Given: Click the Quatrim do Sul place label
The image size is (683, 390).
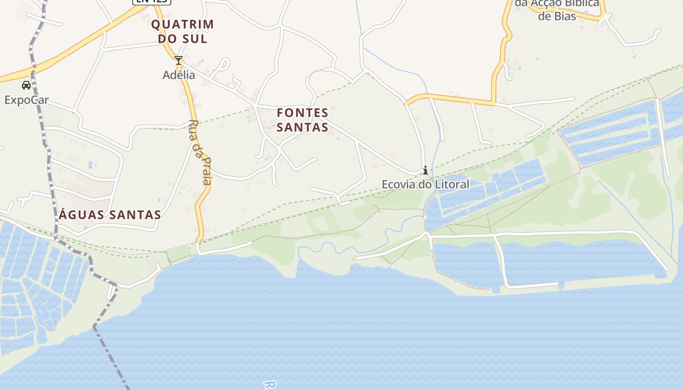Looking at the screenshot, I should (182, 31).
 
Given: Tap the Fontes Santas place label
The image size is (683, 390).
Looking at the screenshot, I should (302, 120).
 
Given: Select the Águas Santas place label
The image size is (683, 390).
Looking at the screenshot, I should (110, 214).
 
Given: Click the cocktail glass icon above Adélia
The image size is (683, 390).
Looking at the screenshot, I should (179, 61).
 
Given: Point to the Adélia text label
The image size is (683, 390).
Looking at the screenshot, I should (179, 75).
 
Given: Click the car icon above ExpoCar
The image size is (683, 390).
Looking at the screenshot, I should (26, 86).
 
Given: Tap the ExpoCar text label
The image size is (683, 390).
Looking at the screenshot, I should (26, 100).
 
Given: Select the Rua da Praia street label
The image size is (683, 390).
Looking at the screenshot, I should (200, 152).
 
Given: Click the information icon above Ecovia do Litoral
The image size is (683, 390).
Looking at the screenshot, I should (425, 171).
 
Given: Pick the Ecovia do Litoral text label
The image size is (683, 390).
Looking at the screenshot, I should (425, 184).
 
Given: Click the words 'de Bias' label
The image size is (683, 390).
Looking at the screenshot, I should (557, 16).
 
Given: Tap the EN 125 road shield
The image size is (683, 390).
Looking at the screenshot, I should (151, 1).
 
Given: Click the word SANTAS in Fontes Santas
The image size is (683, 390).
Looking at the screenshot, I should (302, 128).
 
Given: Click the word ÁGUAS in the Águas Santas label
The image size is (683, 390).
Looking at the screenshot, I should (81, 214).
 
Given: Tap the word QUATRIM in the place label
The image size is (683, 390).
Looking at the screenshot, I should (182, 24).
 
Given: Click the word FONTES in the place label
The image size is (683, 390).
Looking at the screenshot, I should (302, 113).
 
